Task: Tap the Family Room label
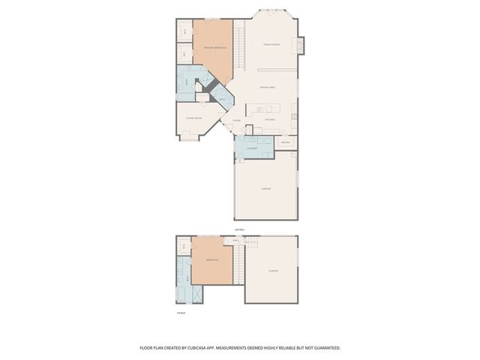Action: [271, 45]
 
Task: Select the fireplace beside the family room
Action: [301, 45]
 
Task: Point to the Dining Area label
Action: [268, 88]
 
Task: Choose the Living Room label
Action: [193, 118]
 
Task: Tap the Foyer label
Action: [236, 120]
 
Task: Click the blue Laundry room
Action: [253, 148]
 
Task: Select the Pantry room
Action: [285, 142]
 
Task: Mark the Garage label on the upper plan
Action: [266, 189]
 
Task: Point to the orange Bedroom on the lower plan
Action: [211, 261]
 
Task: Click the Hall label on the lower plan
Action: [235, 241]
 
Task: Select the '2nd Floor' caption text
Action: [239, 229]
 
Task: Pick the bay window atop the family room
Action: [271, 12]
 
